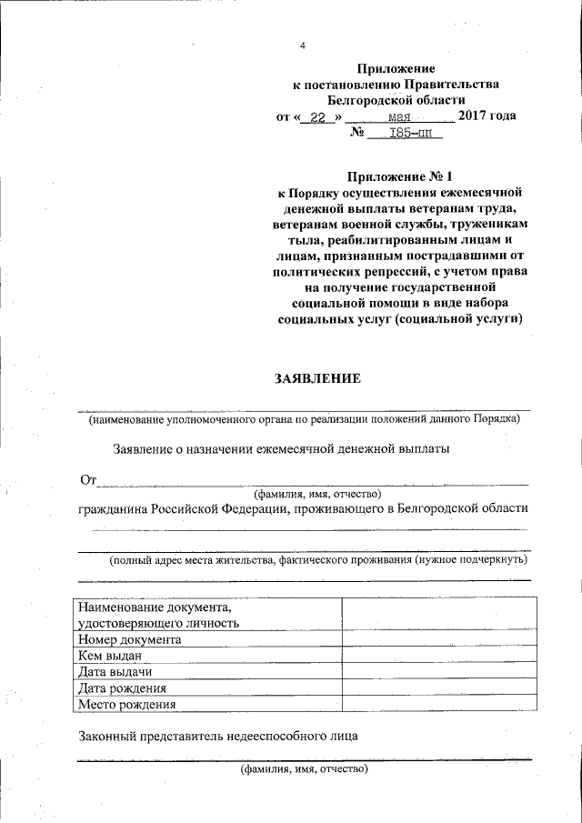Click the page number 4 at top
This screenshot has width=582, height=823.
(303, 46)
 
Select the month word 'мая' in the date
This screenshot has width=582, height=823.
(400, 117)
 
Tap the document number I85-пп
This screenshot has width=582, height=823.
(411, 134)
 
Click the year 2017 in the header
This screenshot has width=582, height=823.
(476, 116)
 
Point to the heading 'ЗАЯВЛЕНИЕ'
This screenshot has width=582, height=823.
(318, 378)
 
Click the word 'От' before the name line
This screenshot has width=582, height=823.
(87, 479)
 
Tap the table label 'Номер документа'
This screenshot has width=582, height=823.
(129, 639)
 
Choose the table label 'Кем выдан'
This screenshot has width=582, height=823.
(111, 656)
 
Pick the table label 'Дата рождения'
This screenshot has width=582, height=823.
(122, 688)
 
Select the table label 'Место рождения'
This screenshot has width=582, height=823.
(126, 704)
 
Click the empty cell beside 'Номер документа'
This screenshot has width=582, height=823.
(435, 639)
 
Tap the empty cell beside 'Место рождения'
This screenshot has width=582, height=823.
(435, 704)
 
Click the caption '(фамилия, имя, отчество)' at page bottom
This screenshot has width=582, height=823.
(304, 769)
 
